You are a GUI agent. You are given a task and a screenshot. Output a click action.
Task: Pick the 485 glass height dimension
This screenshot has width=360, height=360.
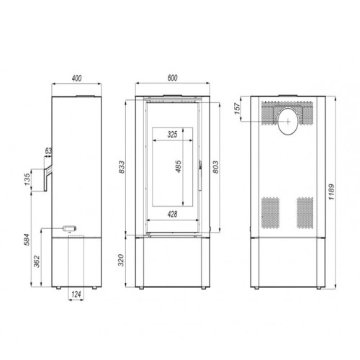tap(177, 168)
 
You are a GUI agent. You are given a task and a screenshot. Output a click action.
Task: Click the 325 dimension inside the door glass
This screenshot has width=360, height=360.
tap(172, 135)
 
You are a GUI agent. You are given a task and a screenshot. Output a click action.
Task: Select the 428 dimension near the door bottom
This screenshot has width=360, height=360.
tap(172, 214)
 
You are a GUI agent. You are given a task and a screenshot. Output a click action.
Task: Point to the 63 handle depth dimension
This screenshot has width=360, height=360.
tap(48, 152)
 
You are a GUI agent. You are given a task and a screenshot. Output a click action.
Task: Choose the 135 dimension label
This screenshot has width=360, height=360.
tap(27, 179)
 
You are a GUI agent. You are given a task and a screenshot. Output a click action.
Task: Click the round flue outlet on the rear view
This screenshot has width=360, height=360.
tap(287, 124)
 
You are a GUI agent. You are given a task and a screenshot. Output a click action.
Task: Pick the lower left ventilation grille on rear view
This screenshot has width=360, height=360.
tap(269, 212)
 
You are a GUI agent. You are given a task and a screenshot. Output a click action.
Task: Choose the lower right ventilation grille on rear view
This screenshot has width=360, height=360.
tap(305, 212)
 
